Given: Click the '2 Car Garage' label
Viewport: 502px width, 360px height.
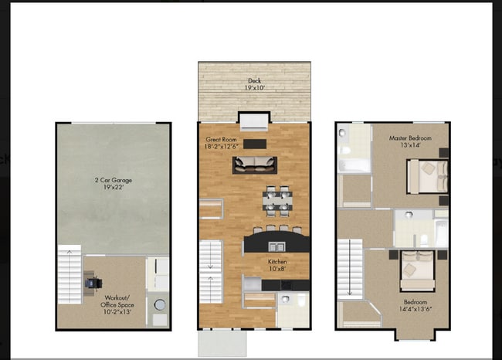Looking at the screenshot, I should [x=113, y=179].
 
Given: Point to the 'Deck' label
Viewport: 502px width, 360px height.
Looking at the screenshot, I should [x=254, y=80].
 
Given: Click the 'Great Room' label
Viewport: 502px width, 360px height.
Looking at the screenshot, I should [x=221, y=138].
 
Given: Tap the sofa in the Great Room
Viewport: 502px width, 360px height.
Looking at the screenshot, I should [x=255, y=165].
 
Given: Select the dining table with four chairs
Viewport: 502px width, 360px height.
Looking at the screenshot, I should [x=276, y=200].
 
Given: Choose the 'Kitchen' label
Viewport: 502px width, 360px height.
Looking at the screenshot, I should [x=277, y=262].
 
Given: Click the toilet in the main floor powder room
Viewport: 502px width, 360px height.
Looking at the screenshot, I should [x=286, y=299].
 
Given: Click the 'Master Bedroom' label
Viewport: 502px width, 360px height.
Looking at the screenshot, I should [x=410, y=138].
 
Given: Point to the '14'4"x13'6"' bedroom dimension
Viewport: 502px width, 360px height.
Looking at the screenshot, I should [x=411, y=309].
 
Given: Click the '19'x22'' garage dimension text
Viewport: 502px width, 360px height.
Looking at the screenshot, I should [x=113, y=187].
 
